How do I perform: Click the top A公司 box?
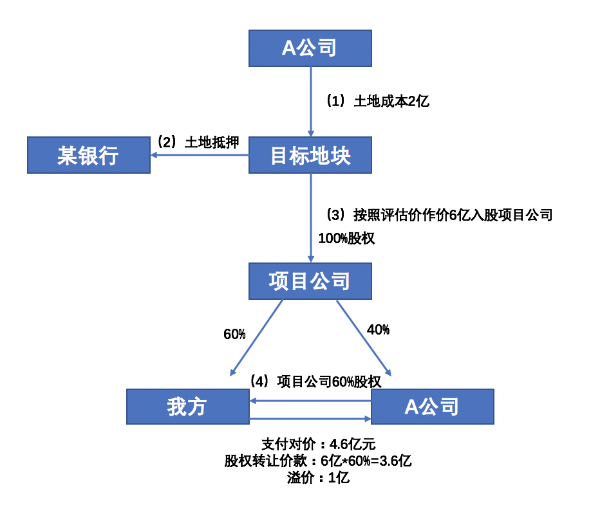[x=310, y=48]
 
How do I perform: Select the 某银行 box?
[x=88, y=155]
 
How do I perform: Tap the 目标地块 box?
[x=310, y=155]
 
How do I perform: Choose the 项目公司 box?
[x=310, y=281]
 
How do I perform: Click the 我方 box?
[x=187, y=407]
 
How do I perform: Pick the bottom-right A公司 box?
[x=433, y=407]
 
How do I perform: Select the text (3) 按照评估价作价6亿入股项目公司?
[x=439, y=215]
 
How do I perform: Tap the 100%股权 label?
[x=346, y=239]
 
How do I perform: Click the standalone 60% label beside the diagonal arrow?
[x=234, y=334]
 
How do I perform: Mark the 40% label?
[x=378, y=330]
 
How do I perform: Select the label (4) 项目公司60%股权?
[x=315, y=382]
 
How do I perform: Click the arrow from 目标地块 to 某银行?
[x=200, y=155]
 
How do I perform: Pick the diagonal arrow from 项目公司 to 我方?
[x=256, y=338]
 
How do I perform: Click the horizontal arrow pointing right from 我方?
[x=310, y=419]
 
